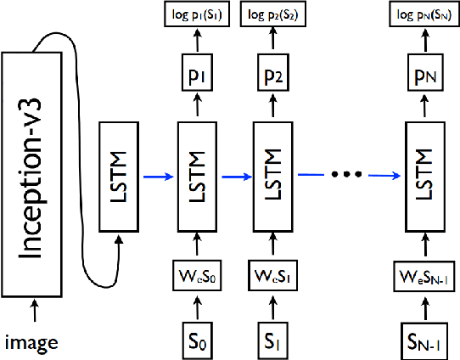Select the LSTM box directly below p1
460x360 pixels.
pyautogui.click(x=197, y=176)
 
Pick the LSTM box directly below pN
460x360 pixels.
pyautogui.click(x=427, y=176)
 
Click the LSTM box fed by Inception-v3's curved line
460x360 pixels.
pyautogui.click(x=120, y=176)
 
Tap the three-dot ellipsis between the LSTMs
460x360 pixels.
pyautogui.click(x=348, y=175)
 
